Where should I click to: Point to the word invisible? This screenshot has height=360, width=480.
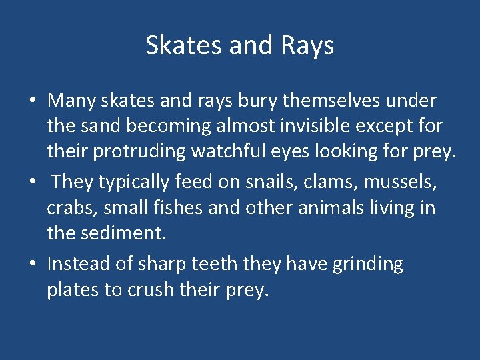coord(331,127)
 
